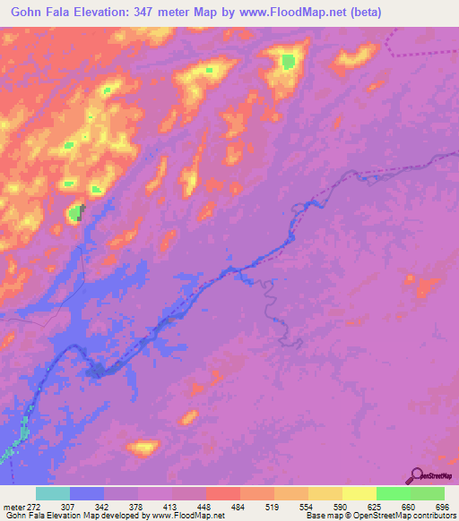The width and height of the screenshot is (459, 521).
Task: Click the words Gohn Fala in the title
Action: tap(38, 13)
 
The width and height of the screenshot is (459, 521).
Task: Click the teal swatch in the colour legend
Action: tap(53, 493)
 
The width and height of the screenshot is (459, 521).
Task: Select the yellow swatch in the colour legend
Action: tap(359, 493)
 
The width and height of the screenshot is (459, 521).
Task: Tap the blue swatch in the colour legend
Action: tap(87, 493)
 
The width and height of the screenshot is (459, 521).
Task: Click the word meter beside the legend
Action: tap(13, 507)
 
